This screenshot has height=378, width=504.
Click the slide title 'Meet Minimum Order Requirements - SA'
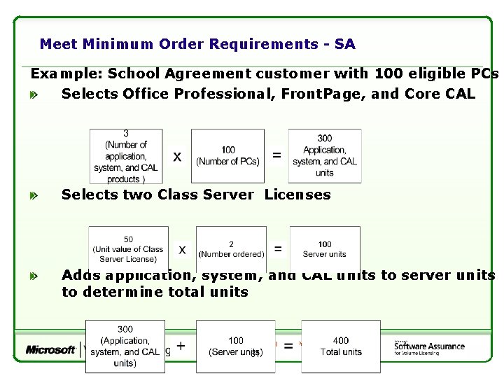coord(197,45)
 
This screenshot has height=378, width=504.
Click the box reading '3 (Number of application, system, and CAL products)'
coord(126,156)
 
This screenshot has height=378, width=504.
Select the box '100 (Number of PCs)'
coord(227,156)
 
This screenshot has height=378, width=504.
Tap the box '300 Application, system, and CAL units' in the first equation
coord(325,156)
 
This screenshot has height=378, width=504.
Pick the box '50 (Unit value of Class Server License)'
coord(128,249)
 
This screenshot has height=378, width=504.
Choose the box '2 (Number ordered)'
coord(231,249)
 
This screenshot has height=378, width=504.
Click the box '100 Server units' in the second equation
coord(325,249)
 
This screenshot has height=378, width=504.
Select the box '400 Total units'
coord(341,346)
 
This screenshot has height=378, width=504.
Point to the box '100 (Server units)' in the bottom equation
coord(236,346)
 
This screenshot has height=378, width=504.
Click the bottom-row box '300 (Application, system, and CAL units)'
coord(125,346)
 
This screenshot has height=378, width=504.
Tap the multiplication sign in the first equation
coord(178,157)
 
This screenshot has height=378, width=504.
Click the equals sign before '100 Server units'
coord(278,248)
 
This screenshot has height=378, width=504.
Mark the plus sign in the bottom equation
coord(181,346)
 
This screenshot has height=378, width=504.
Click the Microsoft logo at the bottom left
coord(50,349)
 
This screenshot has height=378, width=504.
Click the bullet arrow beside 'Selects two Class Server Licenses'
coord(34,197)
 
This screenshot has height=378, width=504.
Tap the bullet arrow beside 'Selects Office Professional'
coord(34,94)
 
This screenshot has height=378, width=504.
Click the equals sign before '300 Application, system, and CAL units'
coord(277,155)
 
